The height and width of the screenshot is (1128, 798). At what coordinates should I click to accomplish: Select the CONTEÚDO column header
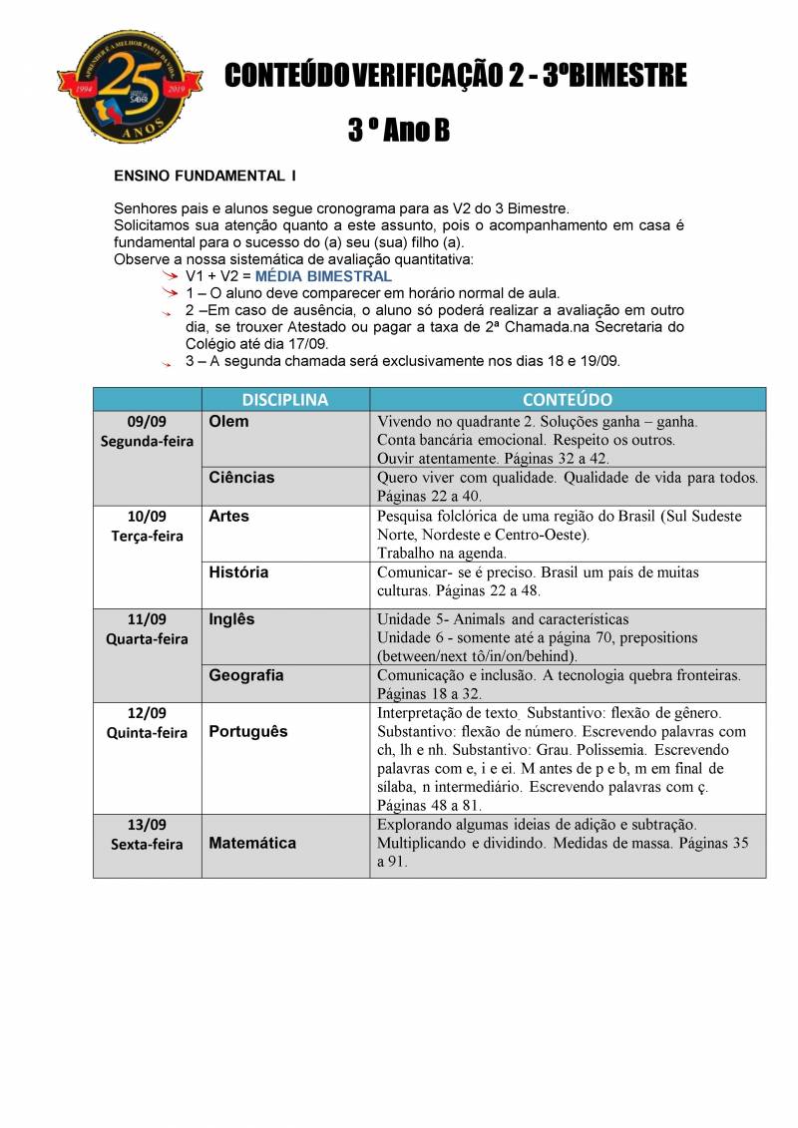567,399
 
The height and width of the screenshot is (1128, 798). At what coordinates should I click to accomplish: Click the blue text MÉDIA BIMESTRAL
323,276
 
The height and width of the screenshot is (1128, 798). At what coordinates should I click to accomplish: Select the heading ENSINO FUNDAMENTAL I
205,176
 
